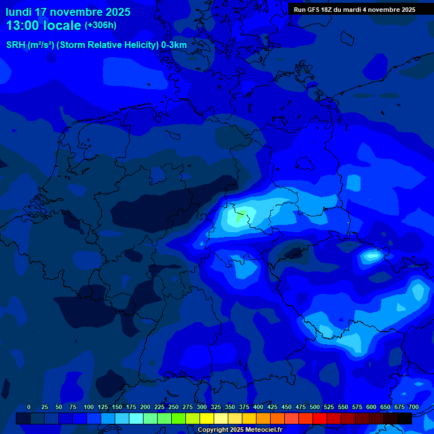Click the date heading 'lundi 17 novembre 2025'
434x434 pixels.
coord(68,12)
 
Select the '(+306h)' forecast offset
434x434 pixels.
coord(101,25)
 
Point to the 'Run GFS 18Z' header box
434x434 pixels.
coord(354,10)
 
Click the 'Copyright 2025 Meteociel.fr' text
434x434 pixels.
coord(240,429)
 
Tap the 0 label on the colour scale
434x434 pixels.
coord(29,407)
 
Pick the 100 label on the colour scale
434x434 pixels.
coord(89,407)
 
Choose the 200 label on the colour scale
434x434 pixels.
coord(145,407)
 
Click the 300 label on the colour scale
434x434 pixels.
coord(202,407)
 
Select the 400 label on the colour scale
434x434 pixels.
coord(258,407)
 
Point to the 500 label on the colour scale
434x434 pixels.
coord(315,407)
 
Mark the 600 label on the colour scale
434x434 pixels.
coord(371,407)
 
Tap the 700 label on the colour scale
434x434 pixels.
coord(414,407)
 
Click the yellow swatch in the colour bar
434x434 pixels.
coord(207,418)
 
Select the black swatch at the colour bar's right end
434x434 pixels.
coord(405,418)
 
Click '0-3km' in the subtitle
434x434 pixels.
coord(174,45)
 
